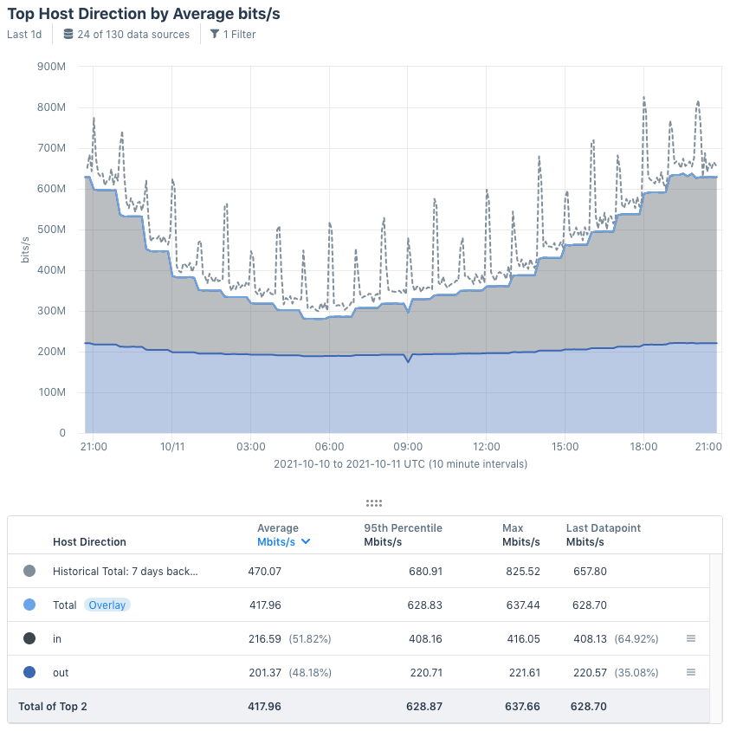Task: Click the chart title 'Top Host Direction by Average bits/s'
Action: coord(144,15)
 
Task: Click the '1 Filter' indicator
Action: coord(233,35)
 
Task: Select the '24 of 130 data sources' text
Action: coord(132,35)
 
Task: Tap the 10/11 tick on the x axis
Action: coord(172,447)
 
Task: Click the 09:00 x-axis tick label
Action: coord(408,447)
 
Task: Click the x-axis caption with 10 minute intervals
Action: coord(400,464)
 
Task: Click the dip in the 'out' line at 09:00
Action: coord(408,361)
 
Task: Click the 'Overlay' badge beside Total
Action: coord(107,605)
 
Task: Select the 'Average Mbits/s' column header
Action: coord(283,535)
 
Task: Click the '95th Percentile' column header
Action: coord(403,528)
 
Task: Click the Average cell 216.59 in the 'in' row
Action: coord(264,638)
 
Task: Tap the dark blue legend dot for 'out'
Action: coord(30,672)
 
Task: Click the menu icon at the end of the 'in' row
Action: coord(691,638)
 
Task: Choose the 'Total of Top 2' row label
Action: coord(53,707)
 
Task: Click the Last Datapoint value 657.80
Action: coord(589,572)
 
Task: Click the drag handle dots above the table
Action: coord(374,503)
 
